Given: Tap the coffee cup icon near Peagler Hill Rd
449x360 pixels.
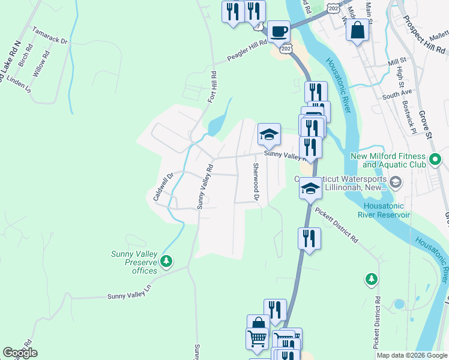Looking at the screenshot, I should pos(278,31).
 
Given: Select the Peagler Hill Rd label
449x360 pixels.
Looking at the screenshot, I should pos(247,55).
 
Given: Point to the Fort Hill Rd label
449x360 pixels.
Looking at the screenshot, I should pos(212,86).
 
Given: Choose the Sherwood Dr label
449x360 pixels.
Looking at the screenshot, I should pos(256,182).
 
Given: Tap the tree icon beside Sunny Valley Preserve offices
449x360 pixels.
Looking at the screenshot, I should pos(167,261).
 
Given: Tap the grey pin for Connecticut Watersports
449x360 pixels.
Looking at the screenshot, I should pos(396,181).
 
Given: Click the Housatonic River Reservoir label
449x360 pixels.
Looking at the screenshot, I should pos(384,210).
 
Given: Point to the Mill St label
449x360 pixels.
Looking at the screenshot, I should pos(397,61).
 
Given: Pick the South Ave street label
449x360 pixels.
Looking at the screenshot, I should pos(397,94).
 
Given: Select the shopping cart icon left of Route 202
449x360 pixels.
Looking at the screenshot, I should pos(258,338).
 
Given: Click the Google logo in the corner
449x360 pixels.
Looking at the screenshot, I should pos(20,353).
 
